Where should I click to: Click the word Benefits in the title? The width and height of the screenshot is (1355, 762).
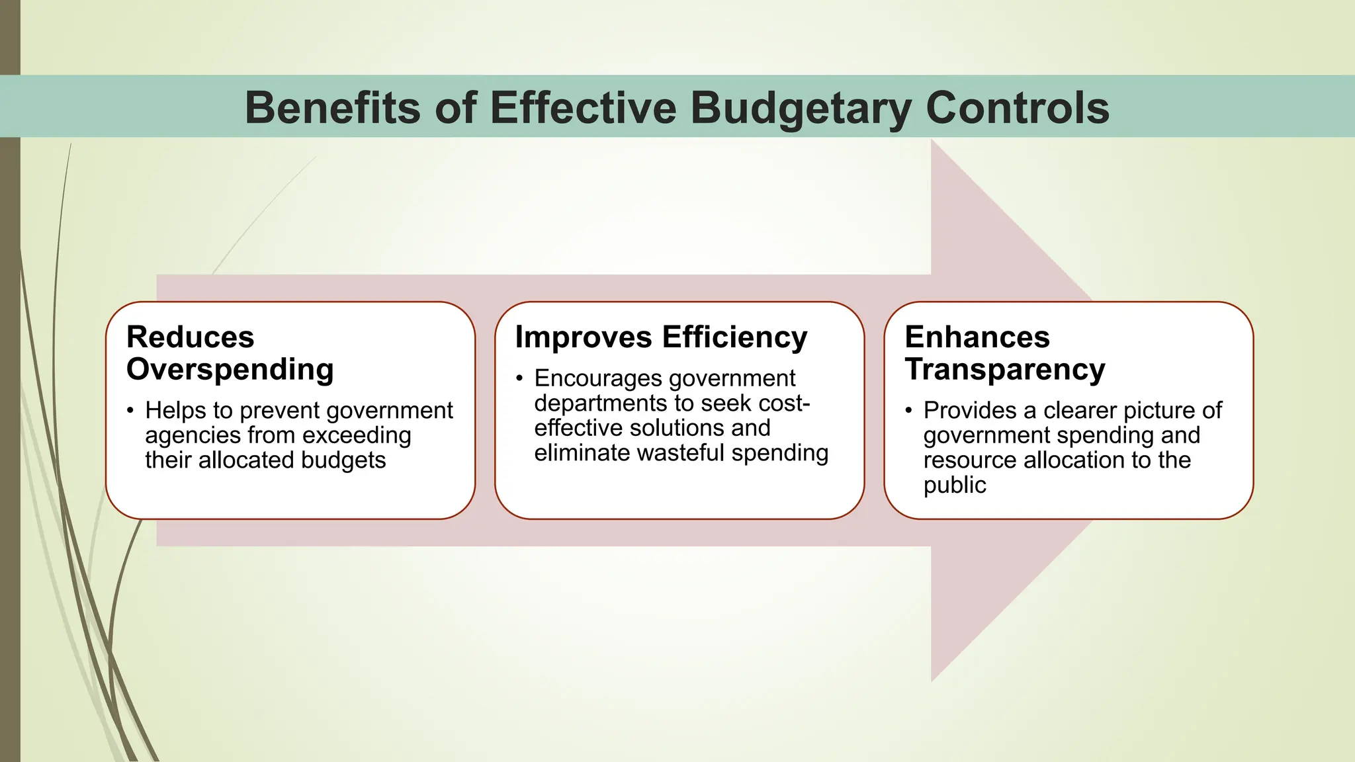pyautogui.click(x=333, y=108)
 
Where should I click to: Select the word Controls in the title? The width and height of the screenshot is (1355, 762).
pyautogui.click(x=1018, y=108)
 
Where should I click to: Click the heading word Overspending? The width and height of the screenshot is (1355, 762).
pyautogui.click(x=230, y=369)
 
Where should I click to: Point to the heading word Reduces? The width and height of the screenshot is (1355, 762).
pyautogui.click(x=190, y=337)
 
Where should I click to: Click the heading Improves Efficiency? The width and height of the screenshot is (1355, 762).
pyautogui.click(x=661, y=337)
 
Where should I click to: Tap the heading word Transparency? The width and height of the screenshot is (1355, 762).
pyautogui.click(x=1004, y=369)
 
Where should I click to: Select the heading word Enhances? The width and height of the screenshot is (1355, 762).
pyautogui.click(x=977, y=337)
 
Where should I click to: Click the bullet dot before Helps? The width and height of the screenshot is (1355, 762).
pyautogui.click(x=130, y=411)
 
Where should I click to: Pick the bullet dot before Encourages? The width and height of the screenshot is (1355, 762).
pyautogui.click(x=519, y=379)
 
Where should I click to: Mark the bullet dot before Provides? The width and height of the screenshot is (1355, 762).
pyautogui.click(x=908, y=411)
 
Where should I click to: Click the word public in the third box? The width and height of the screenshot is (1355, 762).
pyautogui.click(x=954, y=486)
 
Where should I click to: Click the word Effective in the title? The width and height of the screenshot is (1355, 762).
pyautogui.click(x=583, y=108)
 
